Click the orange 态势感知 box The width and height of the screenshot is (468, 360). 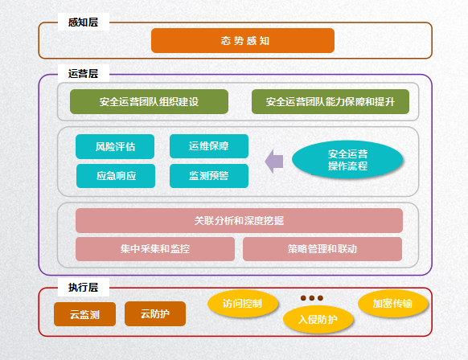tap(243, 40)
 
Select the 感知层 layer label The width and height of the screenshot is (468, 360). tap(84, 22)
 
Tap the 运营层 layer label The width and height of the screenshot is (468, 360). tap(84, 73)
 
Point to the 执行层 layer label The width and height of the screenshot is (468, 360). tap(84, 287)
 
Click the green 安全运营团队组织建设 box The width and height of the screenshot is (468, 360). tap(149, 102)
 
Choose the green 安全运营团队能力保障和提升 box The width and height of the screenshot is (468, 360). tap(330, 102)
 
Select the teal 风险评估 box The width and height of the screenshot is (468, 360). tap(115, 146)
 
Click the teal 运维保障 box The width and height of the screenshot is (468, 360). tap(209, 146)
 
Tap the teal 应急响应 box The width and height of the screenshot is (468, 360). tap(116, 176)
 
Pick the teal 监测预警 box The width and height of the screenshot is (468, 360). tap(209, 176)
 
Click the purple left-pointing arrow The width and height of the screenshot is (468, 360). tap(274, 162)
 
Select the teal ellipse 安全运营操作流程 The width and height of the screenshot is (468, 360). tap(347, 160)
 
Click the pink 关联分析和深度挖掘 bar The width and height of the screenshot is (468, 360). tap(239, 220)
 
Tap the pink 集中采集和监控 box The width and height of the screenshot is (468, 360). tap(155, 249)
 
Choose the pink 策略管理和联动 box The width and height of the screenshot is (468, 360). tap(322, 249)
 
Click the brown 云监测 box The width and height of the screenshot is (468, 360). tap(84, 314)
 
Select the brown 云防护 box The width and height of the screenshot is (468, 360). tap(155, 313)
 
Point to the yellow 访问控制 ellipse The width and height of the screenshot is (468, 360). tap(243, 304)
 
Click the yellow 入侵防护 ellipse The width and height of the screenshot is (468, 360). tap(318, 320)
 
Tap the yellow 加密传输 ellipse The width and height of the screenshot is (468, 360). tap(392, 304)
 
